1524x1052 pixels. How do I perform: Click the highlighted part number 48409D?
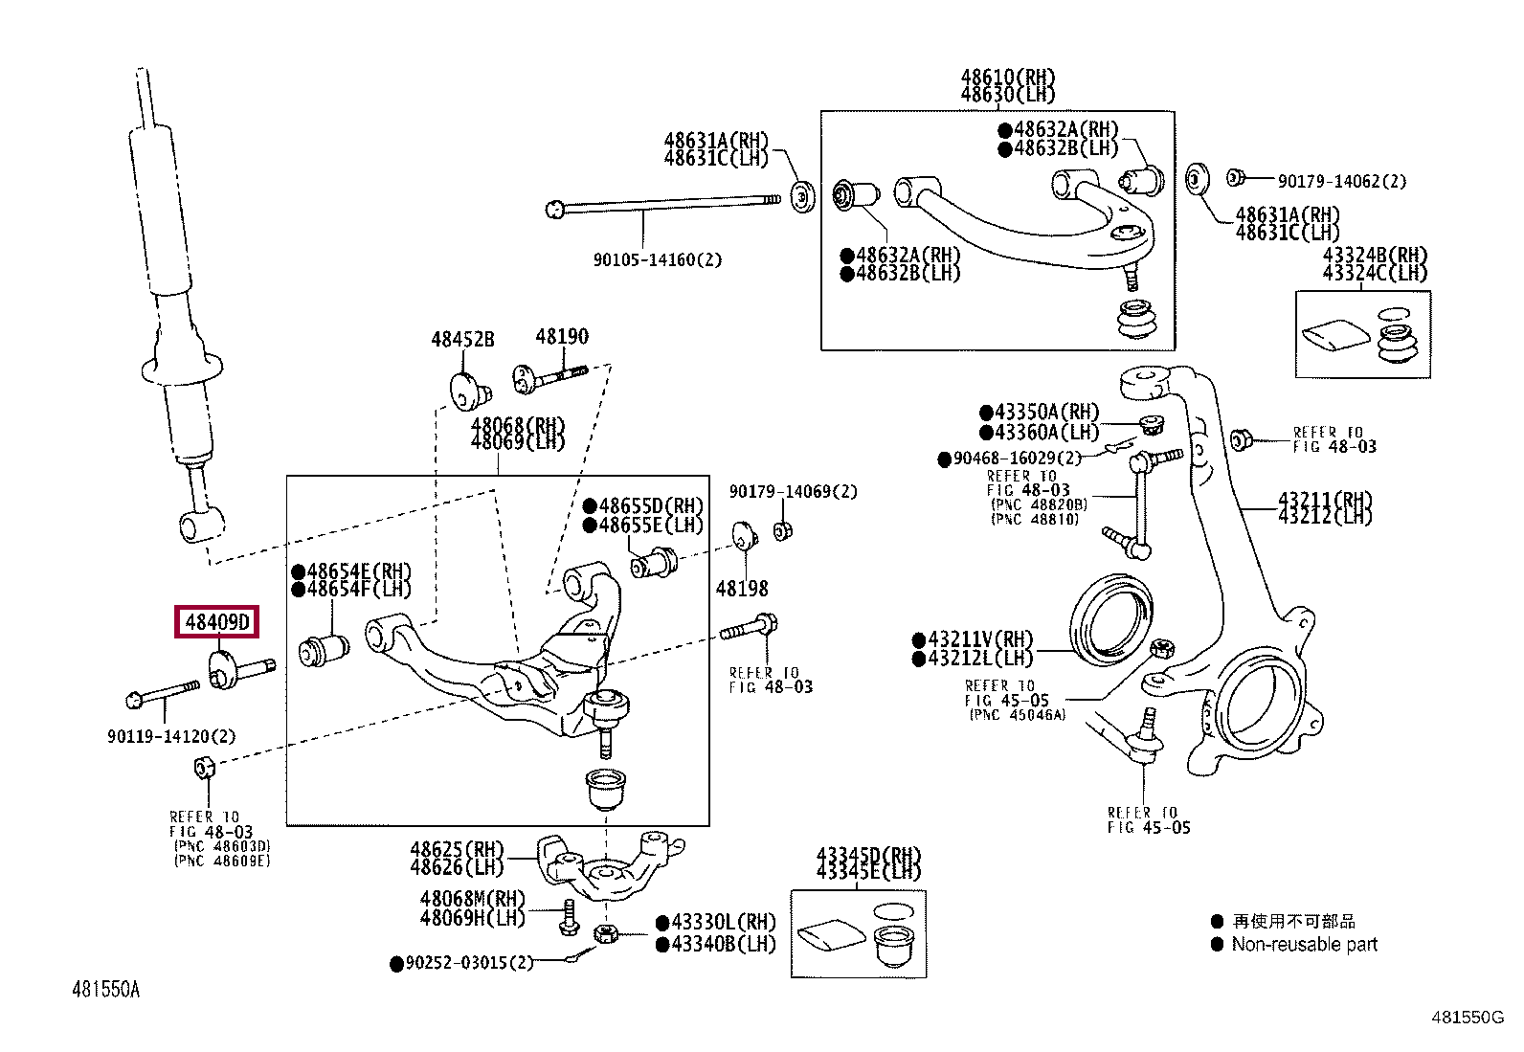click(x=217, y=621)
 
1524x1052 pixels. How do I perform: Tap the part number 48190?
click(x=561, y=336)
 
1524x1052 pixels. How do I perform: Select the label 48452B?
click(x=462, y=339)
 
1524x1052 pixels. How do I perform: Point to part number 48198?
click(x=742, y=589)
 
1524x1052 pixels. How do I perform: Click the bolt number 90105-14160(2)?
click(x=658, y=259)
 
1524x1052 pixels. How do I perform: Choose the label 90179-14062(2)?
click(x=1342, y=181)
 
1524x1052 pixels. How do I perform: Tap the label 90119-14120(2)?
click(x=171, y=736)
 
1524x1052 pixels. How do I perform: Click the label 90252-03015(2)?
click(x=469, y=963)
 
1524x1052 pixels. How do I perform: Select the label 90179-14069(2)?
click(x=794, y=491)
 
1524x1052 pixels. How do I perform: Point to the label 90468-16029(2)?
click(x=1018, y=458)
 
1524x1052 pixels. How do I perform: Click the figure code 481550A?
click(x=106, y=990)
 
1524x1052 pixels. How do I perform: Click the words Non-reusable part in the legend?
click(x=1304, y=945)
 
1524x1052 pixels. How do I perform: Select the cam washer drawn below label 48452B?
click(x=469, y=392)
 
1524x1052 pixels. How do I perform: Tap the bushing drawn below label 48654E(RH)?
click(x=324, y=651)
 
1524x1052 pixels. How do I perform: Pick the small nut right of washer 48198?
click(x=783, y=530)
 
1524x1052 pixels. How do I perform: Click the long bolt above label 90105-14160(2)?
click(x=663, y=204)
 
